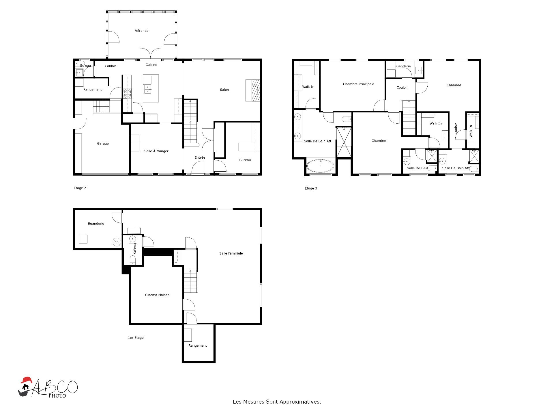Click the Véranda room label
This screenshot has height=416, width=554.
pyautogui.click(x=142, y=31)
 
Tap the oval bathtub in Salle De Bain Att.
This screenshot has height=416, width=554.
pyautogui.click(x=320, y=166)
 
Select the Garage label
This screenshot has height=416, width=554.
pyautogui.click(x=103, y=144)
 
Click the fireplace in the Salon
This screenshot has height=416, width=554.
pyautogui.click(x=256, y=90)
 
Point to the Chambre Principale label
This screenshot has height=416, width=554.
pyautogui.click(x=358, y=84)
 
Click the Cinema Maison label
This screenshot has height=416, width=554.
pyautogui.click(x=157, y=295)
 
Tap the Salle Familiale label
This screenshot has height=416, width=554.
pyautogui.click(x=231, y=253)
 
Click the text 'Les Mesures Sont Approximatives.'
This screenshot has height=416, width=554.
pyautogui.click(x=277, y=402)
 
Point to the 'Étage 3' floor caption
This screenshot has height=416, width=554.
pyautogui.click(x=311, y=188)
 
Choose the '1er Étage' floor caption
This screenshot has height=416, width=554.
pyautogui.click(x=136, y=338)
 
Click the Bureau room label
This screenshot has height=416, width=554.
pyautogui.click(x=245, y=160)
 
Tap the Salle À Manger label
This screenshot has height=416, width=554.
pyautogui.click(x=156, y=151)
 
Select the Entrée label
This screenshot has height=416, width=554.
pyautogui.click(x=200, y=157)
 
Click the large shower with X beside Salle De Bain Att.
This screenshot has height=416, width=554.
pyautogui.click(x=344, y=142)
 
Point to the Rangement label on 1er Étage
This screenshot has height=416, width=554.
pyautogui.click(x=198, y=346)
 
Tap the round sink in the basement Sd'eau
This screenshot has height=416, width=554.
pyautogui.click(x=132, y=239)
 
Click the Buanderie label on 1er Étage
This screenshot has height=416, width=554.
pyautogui.click(x=96, y=224)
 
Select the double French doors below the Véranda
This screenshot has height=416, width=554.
pyautogui.click(x=151, y=54)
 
